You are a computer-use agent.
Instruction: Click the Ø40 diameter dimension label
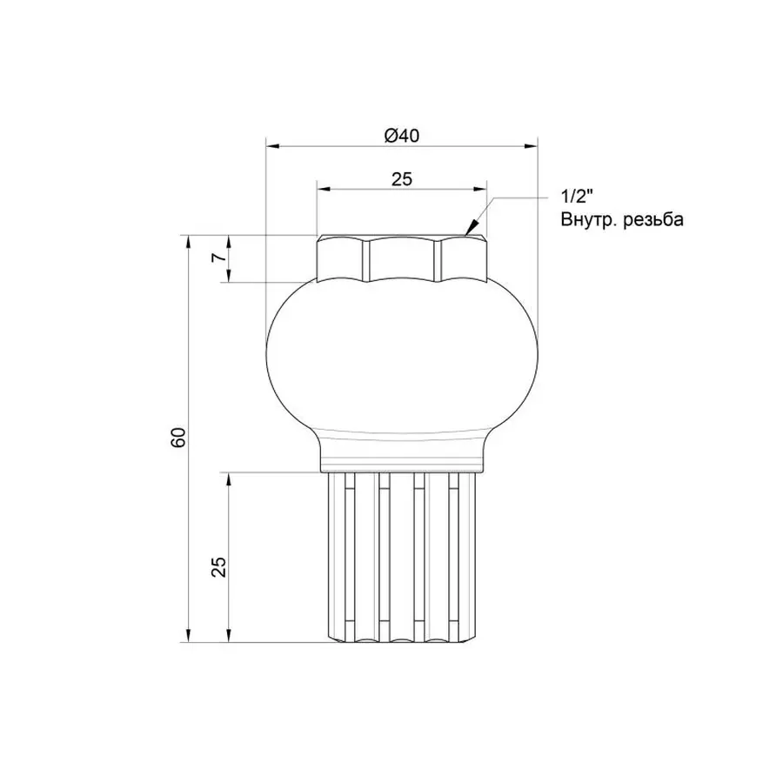pyautogui.click(x=401, y=135)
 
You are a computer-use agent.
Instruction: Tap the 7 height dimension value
pyautogui.click(x=220, y=258)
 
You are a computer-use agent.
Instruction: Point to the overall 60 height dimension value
pyautogui.click(x=178, y=438)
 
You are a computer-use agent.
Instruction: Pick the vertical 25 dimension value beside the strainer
pyautogui.click(x=220, y=565)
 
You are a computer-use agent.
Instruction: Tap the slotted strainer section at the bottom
pyautogui.click(x=401, y=557)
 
